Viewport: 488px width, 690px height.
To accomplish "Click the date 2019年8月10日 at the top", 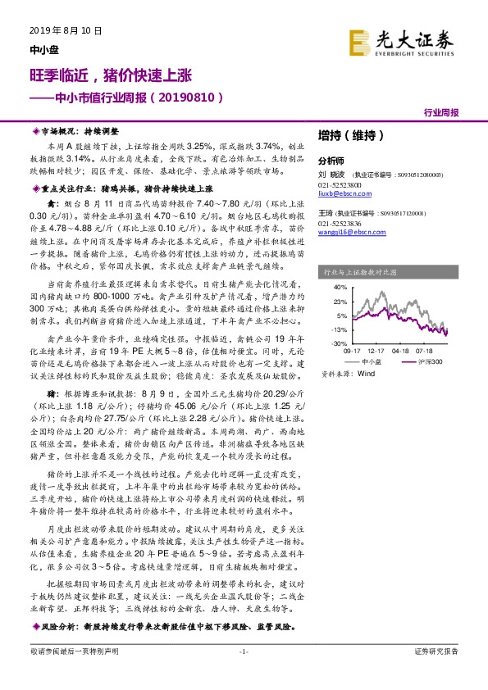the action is tap(58, 31).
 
